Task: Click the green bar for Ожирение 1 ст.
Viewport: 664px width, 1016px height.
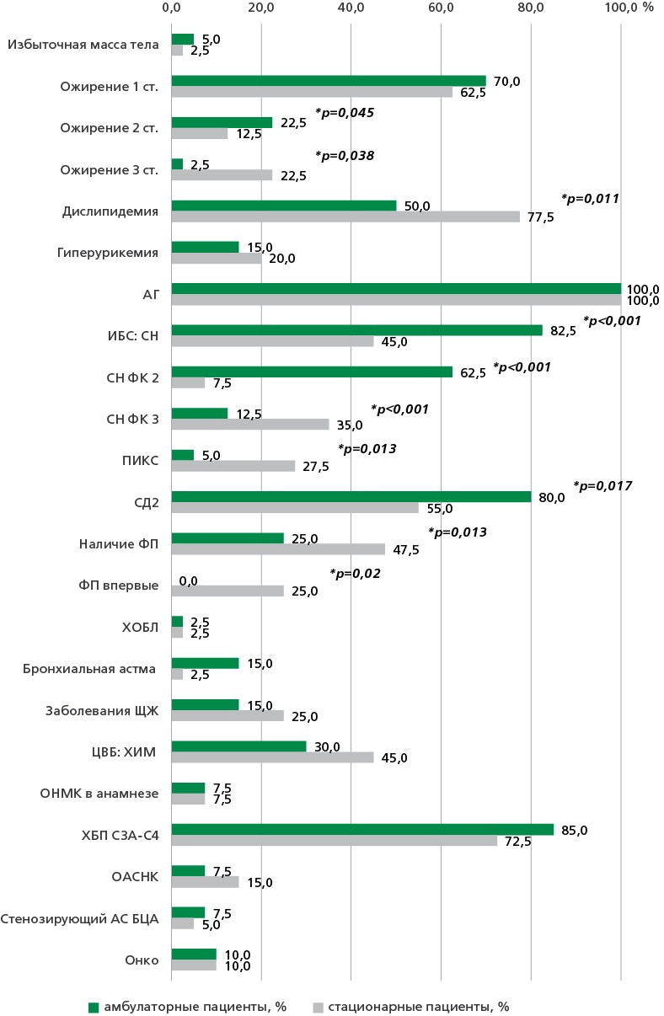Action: coord(329,81)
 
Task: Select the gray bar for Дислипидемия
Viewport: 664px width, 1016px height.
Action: coord(345,217)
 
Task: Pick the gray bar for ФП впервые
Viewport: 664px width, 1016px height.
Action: coord(228,591)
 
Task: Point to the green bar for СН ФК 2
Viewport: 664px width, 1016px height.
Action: coord(312,372)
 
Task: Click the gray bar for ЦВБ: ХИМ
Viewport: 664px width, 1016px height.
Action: coord(272,757)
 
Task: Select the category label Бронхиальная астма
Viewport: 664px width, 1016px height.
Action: coord(90,669)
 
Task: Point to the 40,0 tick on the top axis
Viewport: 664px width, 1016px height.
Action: coord(351,8)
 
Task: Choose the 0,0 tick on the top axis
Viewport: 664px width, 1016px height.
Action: coord(171,8)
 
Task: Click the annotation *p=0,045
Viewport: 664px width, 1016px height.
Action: coord(344,112)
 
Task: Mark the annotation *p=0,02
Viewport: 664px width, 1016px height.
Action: coord(355,573)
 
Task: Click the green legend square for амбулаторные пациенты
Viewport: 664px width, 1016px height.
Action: coord(94,1007)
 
